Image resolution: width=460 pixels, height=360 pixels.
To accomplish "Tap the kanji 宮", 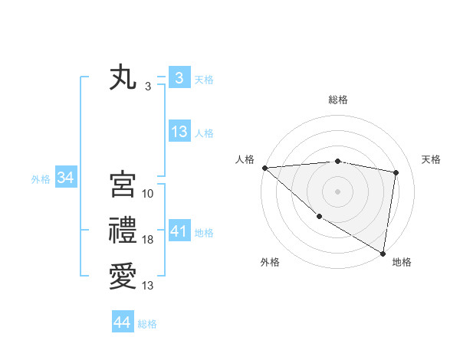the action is pos(123,185).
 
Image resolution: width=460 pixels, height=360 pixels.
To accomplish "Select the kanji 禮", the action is pos(123,231).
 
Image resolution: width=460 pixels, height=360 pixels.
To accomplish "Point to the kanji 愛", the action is pos(123,276).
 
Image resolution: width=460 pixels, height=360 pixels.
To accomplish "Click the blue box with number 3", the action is pos(179,78).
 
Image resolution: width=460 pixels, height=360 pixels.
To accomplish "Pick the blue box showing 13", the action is pos(179,132).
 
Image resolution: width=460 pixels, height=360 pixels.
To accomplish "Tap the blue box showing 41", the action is pos(179,231).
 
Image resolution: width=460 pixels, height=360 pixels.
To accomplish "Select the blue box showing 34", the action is pos(65,178).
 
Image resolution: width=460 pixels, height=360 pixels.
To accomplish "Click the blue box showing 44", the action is pos(123,322).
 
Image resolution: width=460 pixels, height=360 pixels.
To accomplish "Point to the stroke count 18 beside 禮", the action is pos(148,240).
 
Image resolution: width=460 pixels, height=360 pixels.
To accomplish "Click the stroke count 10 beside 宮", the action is pos(148,194).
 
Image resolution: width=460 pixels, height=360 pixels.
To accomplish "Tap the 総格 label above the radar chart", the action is pos(338,100).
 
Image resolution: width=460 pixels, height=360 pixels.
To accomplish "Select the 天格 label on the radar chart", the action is pos(431,159).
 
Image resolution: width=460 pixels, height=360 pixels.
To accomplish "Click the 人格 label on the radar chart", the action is pos(245,159).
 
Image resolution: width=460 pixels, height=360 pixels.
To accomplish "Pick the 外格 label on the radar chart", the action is pos(270,262).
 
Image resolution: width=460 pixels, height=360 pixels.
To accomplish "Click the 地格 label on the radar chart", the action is pos(402,262).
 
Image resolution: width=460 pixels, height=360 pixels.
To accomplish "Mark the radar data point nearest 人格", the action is pos(264,168).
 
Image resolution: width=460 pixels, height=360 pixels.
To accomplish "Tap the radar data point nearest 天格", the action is pos(396,172).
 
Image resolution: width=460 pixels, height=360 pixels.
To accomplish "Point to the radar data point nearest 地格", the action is pos(382,253).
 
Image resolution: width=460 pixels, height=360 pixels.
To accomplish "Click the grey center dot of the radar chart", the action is pos(337,191).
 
